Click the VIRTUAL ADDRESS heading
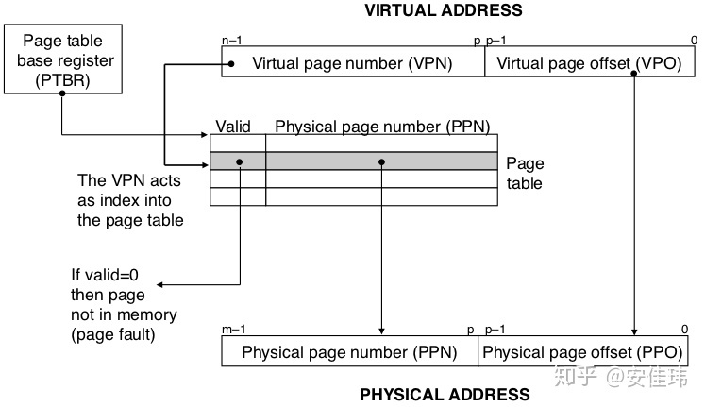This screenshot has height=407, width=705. click(x=442, y=11)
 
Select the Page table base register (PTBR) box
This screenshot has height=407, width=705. click(x=63, y=59)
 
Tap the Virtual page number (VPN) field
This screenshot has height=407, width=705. click(x=352, y=64)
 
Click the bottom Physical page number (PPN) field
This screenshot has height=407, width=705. click(x=349, y=353)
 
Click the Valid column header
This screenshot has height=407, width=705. click(x=233, y=126)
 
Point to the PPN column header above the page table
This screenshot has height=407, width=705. click(x=382, y=126)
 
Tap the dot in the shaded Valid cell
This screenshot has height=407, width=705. click(x=240, y=161)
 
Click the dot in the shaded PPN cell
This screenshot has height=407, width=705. click(x=381, y=161)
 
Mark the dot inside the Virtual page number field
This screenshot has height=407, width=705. click(x=227, y=64)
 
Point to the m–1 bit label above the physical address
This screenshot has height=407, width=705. click(x=232, y=330)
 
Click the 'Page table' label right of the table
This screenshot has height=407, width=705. click(x=525, y=173)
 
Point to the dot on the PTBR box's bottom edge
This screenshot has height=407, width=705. click(x=62, y=94)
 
